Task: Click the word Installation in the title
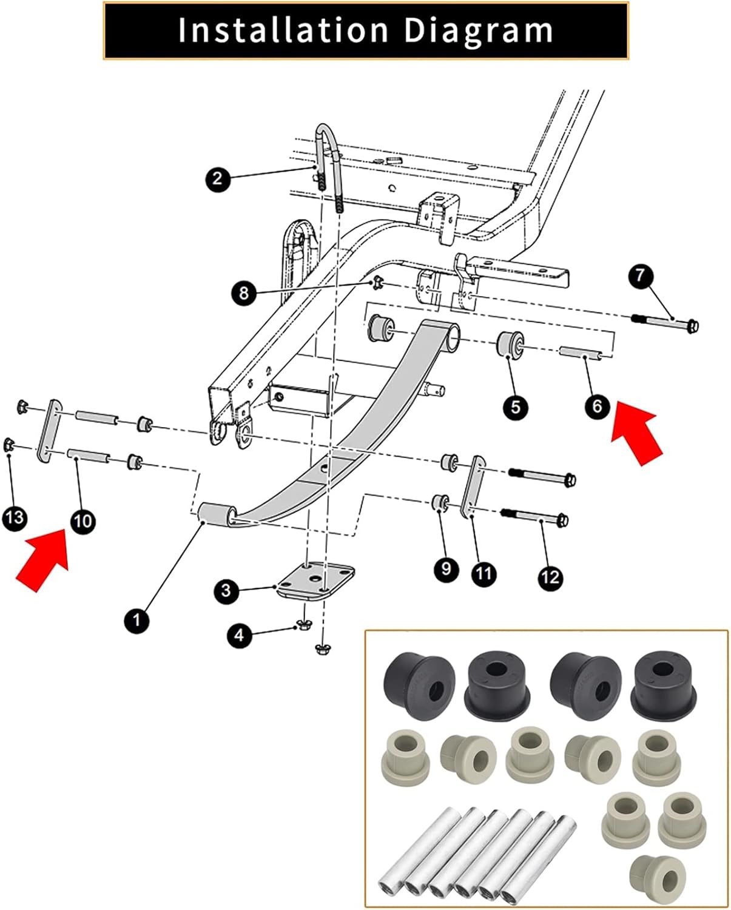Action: point(283,30)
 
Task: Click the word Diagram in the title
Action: point(478,30)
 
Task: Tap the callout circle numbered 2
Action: point(218,179)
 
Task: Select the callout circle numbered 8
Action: point(244,294)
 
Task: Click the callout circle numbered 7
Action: point(641,275)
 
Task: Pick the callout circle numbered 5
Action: point(515,406)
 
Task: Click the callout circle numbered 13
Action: point(15,517)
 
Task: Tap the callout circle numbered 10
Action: point(83,521)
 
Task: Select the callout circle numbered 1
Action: point(136,620)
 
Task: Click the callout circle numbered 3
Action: point(226,590)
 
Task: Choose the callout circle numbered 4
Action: point(240,635)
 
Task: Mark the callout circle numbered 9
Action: point(446,568)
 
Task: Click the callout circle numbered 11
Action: point(483,573)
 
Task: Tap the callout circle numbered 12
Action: point(550,578)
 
